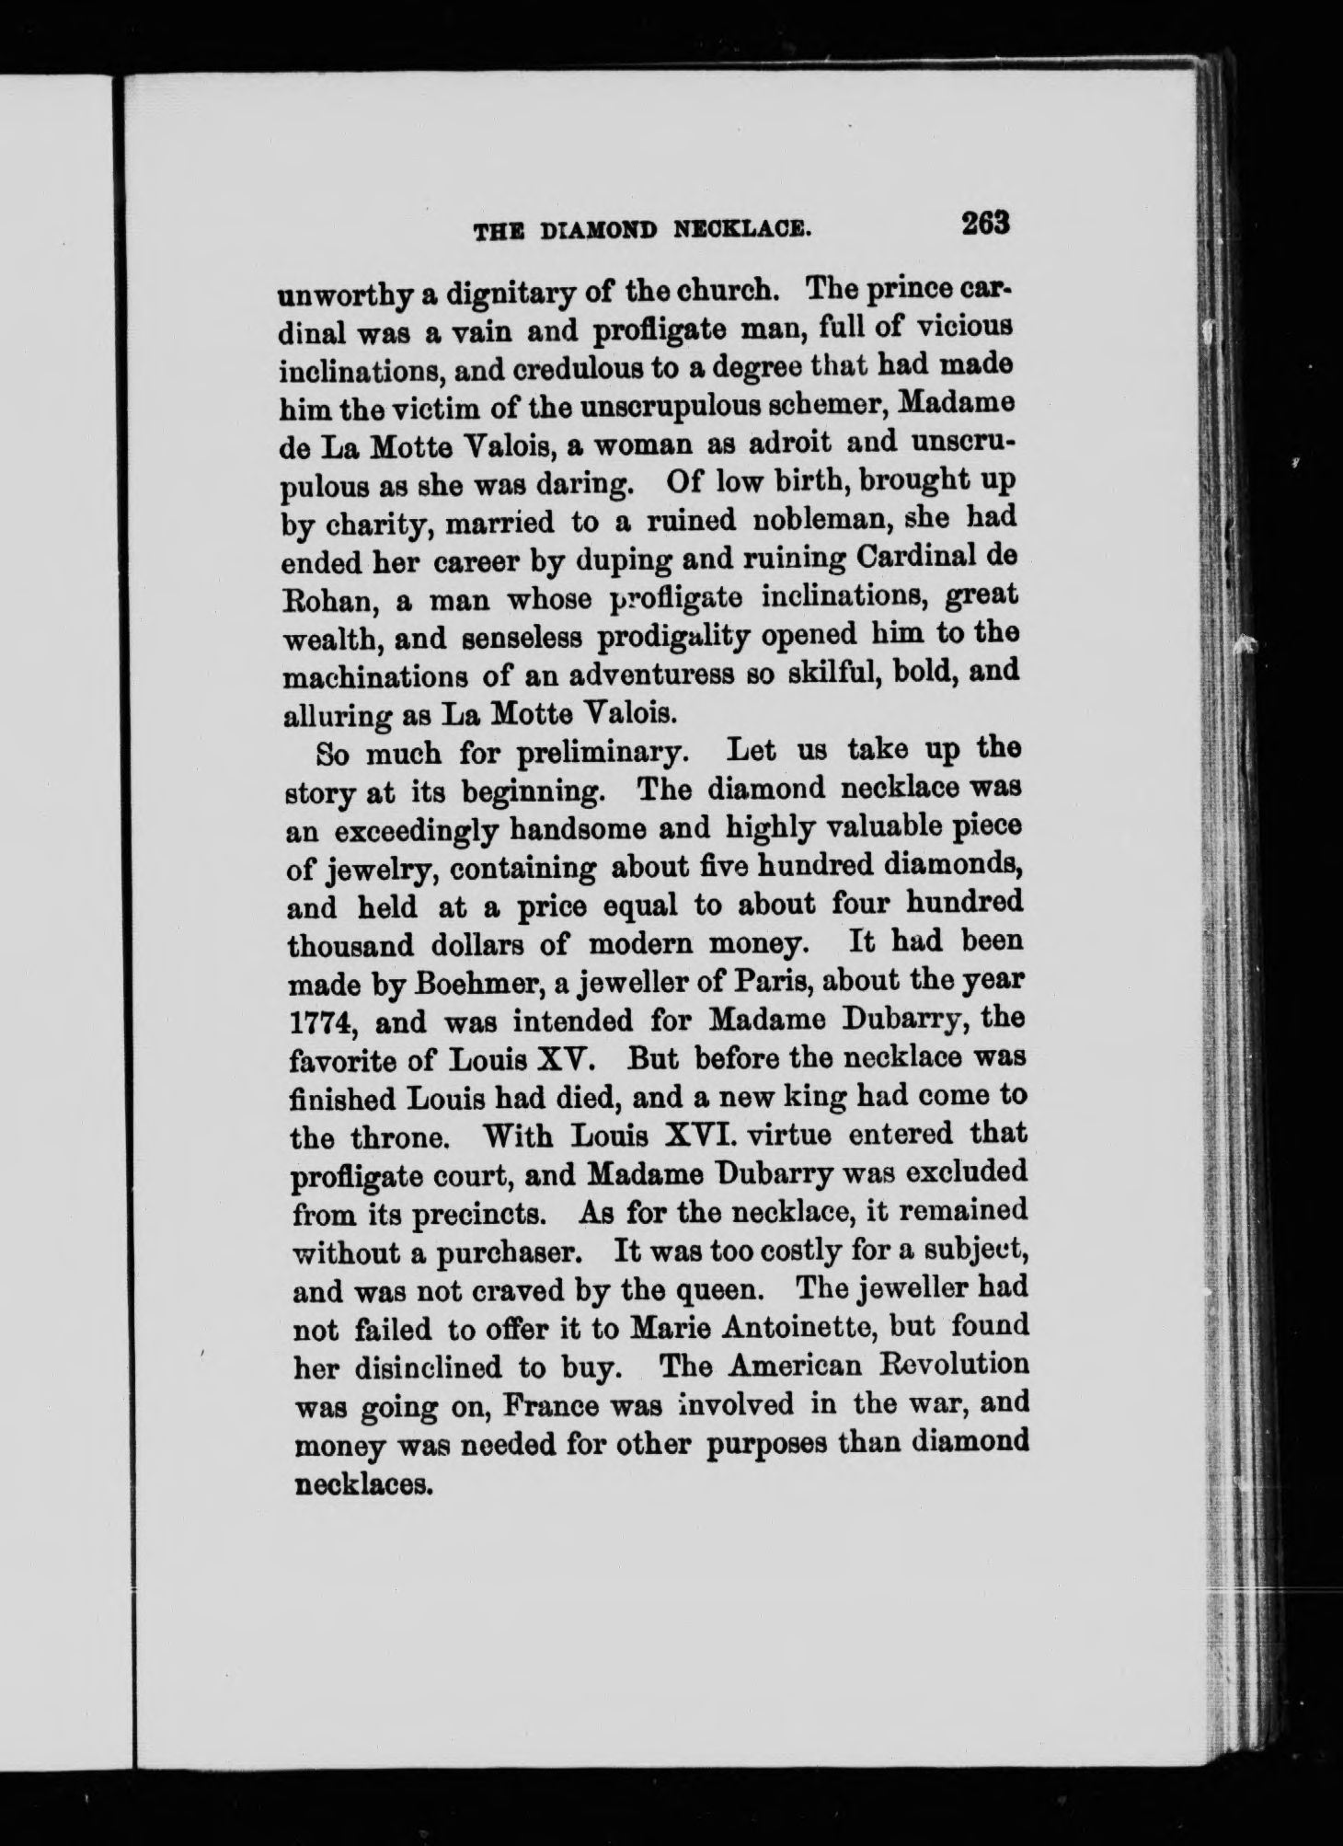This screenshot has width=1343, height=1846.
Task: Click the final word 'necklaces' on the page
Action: (x=360, y=1483)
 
